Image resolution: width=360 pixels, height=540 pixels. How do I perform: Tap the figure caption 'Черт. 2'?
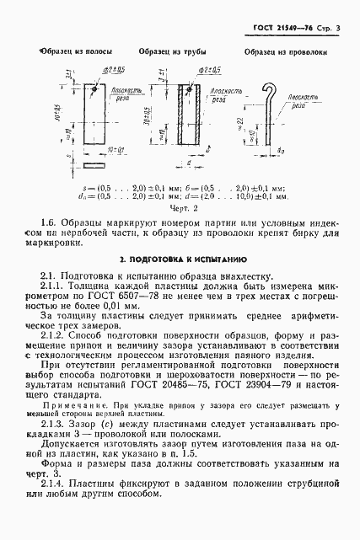coord(182,207)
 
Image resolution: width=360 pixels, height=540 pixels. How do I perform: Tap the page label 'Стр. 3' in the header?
coord(335,8)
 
